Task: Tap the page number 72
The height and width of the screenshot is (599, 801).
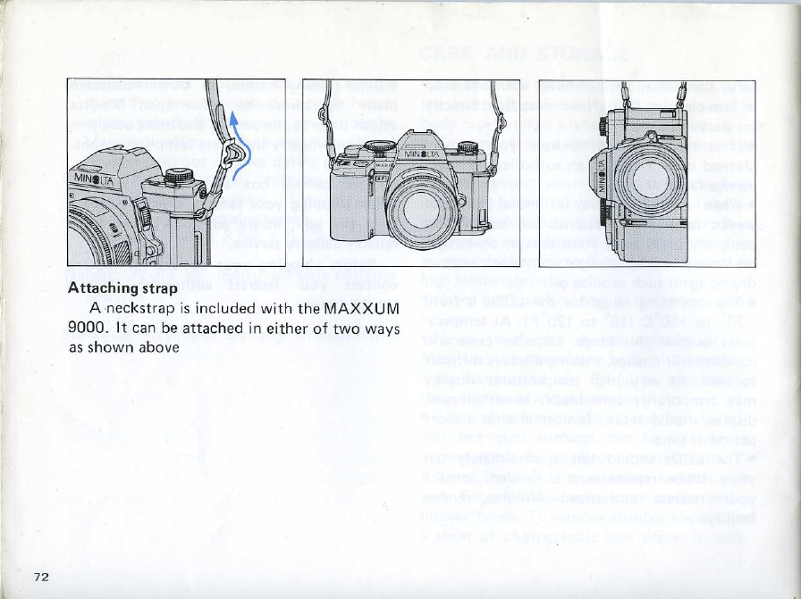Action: click(x=40, y=576)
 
